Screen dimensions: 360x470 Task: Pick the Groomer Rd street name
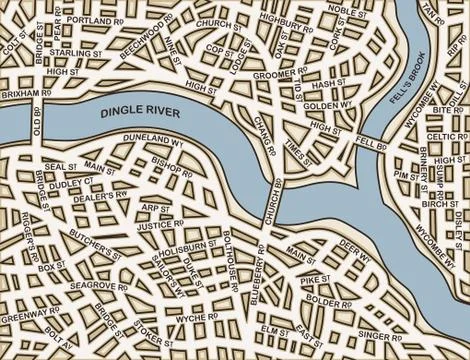click(x=283, y=74)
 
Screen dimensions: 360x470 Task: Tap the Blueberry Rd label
click(x=259, y=284)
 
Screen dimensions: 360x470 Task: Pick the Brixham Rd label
click(x=24, y=90)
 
